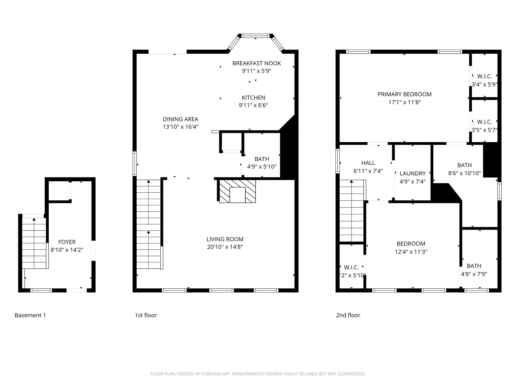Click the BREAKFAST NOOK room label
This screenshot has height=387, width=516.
256,63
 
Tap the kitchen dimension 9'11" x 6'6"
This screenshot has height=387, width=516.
253,105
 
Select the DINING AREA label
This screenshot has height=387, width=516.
180,119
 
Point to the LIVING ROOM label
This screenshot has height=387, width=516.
225,239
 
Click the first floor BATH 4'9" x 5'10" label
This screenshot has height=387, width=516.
262,159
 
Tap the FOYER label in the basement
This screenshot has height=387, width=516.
67,242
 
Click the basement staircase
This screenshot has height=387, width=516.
34,243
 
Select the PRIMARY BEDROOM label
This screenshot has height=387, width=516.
404,94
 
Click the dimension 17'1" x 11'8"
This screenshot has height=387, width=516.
404,102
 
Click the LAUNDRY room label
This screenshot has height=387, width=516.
412,173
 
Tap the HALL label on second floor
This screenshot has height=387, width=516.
368,163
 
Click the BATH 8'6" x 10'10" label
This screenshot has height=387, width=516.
464,165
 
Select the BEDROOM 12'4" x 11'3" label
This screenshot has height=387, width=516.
411,244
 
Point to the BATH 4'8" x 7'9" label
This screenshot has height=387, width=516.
474,266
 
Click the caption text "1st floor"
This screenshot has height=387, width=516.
146,315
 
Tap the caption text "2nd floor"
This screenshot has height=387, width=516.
348,315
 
